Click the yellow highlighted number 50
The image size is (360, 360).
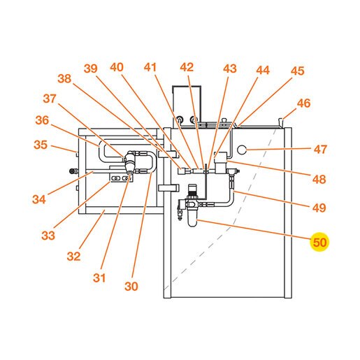(x=319, y=243)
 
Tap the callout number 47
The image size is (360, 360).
(x=320, y=150)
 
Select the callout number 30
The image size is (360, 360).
(x=131, y=286)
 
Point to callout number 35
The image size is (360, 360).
(x=41, y=145)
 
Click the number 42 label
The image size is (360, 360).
(x=187, y=67)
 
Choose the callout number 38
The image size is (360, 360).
(x=64, y=79)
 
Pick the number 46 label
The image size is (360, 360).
(x=303, y=103)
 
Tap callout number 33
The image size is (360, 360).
(x=48, y=236)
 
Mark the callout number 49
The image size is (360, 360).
(x=319, y=208)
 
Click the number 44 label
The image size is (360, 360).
(x=263, y=70)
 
